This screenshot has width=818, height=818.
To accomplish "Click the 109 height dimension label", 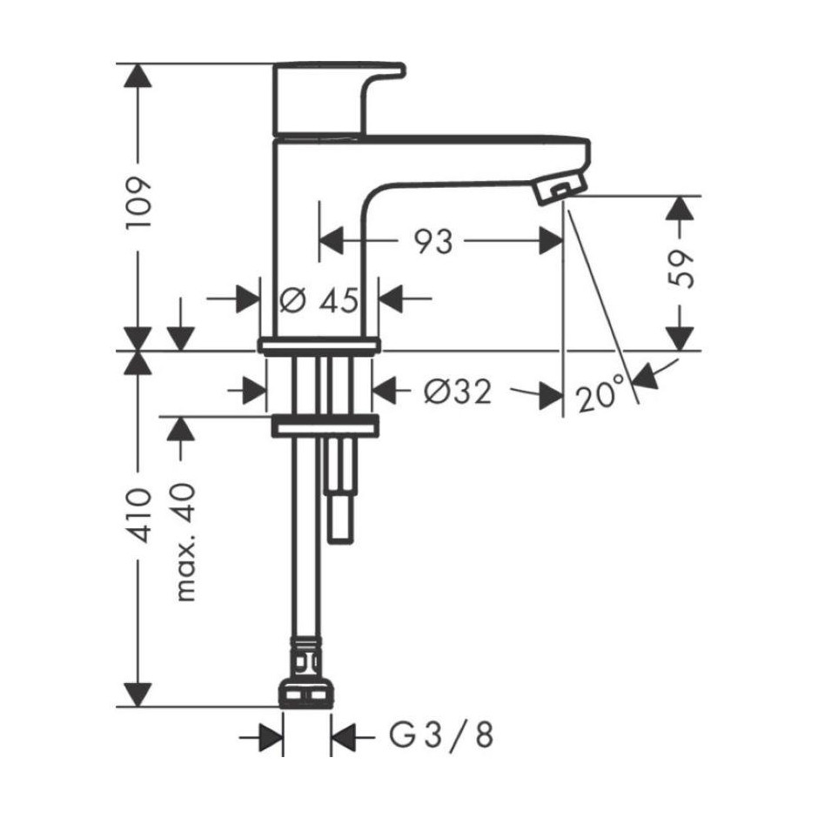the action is (x=138, y=203).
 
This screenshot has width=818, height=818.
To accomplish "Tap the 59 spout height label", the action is (x=681, y=269).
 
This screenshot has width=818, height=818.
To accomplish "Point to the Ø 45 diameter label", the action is (x=318, y=300).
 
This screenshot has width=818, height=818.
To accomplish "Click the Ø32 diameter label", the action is (x=458, y=392).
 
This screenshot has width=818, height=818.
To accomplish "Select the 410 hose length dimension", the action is (x=138, y=515).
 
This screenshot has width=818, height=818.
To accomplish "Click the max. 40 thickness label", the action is (x=184, y=542).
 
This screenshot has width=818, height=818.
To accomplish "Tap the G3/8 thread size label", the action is (x=441, y=735).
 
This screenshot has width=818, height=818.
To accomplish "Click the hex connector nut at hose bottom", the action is (x=306, y=693).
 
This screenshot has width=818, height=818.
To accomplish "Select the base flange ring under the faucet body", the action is (x=318, y=345).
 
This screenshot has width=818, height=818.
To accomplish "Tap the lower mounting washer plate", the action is (x=325, y=426).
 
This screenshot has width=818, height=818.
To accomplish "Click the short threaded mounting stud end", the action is (x=341, y=521).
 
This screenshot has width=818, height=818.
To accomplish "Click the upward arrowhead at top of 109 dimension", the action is (x=138, y=76).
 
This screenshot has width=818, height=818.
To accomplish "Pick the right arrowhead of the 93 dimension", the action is (x=551, y=241).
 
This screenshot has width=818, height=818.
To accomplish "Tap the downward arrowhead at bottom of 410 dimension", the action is (x=138, y=694).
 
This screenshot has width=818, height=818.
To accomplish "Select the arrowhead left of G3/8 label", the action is (x=272, y=738).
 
